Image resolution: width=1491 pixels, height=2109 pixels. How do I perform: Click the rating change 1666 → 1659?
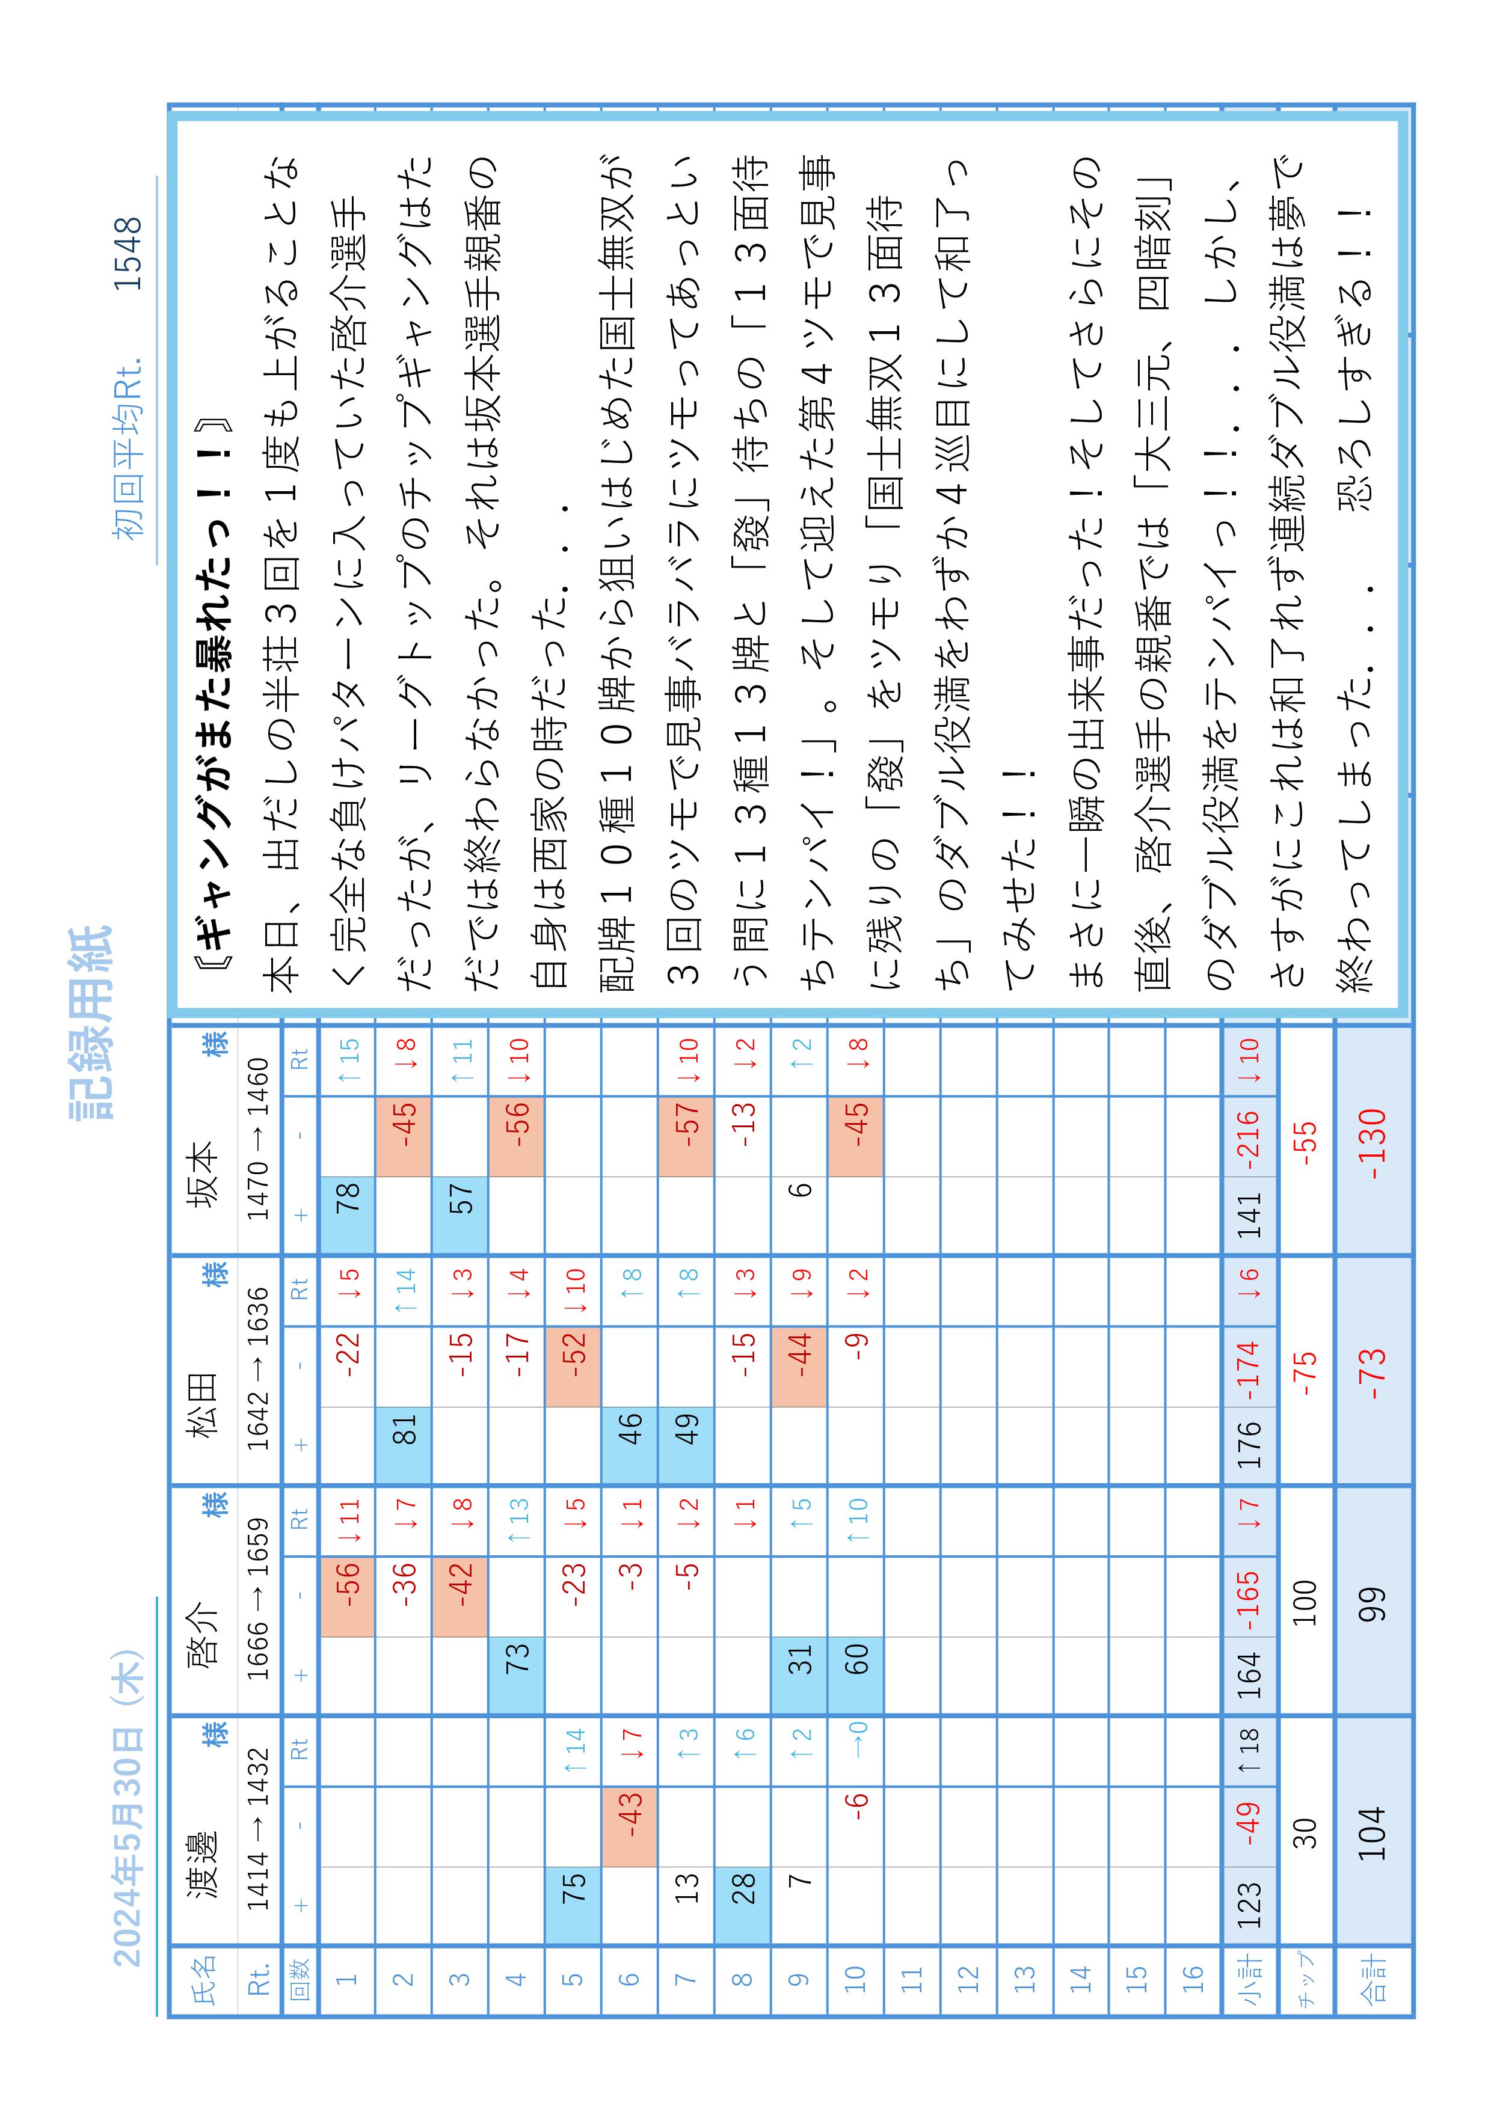click(x=259, y=1599)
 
